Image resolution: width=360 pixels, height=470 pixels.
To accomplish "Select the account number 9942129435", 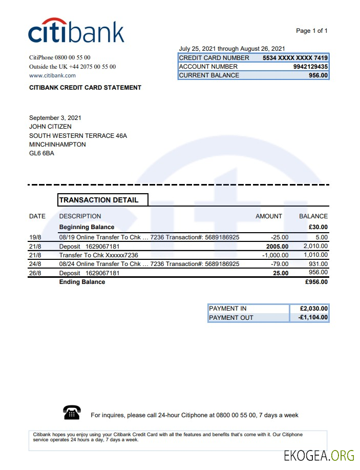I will point(310,67).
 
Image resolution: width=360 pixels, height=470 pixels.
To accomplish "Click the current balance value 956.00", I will point(318,75).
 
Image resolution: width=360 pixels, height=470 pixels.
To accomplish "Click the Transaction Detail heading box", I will point(103,200).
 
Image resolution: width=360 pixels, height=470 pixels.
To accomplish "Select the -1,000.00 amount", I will point(275,255).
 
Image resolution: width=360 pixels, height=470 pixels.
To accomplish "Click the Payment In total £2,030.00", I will point(313,309).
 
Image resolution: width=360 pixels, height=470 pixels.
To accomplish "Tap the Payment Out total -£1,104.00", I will point(313,318).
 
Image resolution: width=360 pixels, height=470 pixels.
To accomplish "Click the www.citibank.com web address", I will point(53,75).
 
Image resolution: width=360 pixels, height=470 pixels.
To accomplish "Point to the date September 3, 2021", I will point(55,118).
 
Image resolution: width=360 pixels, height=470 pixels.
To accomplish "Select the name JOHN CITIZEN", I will point(50,127).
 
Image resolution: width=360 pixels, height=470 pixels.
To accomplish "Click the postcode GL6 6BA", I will point(41,153).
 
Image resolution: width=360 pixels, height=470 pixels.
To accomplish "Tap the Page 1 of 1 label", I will point(311,31).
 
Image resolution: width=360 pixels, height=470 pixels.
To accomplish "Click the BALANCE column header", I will point(313,216).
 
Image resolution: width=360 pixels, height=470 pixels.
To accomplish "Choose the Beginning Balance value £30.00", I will point(318,227).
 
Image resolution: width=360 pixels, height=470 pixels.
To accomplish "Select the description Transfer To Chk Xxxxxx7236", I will point(98,255).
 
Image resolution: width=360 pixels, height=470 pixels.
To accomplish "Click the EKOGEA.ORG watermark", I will point(320,455).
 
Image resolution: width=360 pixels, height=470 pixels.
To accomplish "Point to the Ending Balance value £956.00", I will point(316,282).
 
